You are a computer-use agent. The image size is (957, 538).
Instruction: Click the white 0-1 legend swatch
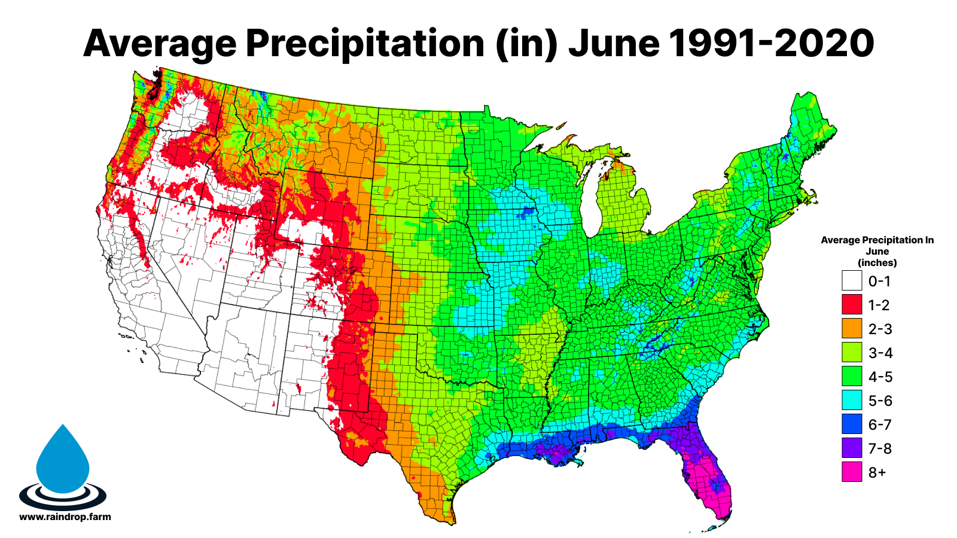coord(852,281)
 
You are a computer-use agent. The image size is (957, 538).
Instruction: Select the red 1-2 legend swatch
coord(852,305)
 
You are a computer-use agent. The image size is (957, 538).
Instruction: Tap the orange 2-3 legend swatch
coord(852,329)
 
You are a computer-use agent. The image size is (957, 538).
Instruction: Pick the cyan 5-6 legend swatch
coord(852,401)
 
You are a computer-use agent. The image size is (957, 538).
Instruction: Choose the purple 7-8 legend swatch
coord(852,448)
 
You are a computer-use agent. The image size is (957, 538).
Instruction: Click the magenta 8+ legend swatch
coord(852,472)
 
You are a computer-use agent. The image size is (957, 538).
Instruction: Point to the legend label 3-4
coord(880,353)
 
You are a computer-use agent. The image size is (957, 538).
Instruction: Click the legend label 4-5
coord(880,377)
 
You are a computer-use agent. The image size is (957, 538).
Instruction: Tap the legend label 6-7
coord(880,424)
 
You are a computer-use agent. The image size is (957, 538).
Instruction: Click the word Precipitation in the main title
coord(365,43)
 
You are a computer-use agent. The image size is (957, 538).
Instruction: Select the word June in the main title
coord(614,43)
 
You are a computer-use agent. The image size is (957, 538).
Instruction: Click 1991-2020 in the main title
coord(771,43)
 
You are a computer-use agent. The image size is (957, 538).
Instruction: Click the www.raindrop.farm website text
coord(65,516)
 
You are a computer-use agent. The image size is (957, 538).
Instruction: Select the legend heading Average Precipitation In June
coord(877,250)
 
